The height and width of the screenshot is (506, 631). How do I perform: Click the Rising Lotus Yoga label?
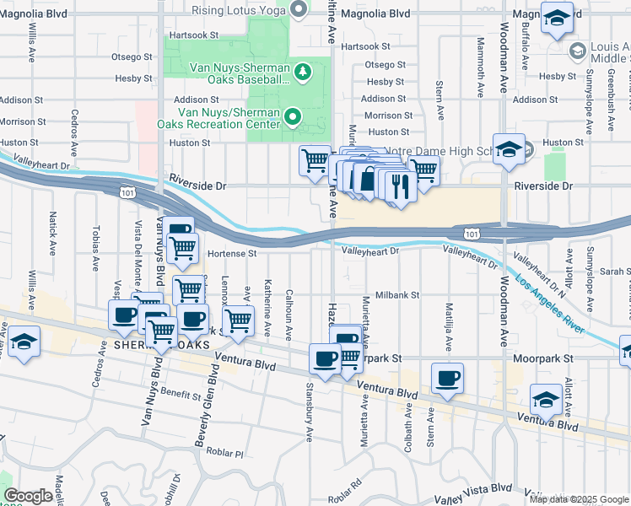pos(238,10)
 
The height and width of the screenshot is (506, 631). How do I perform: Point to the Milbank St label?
pos(397,295)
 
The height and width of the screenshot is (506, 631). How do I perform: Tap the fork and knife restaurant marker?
pos(400,185)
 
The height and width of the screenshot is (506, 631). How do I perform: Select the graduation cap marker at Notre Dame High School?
pos(509,150)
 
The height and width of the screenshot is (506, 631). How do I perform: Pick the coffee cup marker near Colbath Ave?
pos(448,379)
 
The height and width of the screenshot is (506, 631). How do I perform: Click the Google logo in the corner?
pos(28,496)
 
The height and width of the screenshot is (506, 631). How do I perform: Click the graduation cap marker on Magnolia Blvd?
pos(558,19)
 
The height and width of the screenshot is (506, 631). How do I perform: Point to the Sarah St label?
pos(617,272)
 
